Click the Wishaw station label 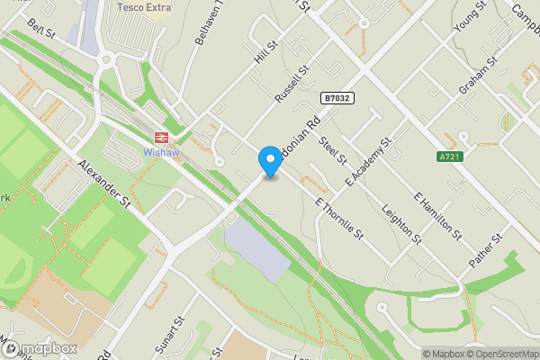[162, 153]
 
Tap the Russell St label [292, 82]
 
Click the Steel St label [333, 148]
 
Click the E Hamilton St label [437, 216]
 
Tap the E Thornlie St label [339, 218]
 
